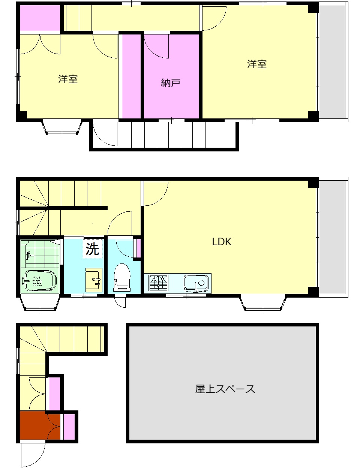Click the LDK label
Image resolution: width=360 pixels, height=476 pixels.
[222, 242]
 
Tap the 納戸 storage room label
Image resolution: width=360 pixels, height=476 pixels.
[171, 82]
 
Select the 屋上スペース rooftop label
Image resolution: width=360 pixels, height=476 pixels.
[225, 389]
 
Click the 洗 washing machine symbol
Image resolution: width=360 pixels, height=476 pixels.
[93, 248]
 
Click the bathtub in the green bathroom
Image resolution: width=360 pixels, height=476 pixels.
[39, 281]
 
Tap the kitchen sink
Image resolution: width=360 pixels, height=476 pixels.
[196, 283]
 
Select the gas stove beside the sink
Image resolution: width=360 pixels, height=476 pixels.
[159, 283]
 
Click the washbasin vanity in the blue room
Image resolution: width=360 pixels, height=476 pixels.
[94, 280]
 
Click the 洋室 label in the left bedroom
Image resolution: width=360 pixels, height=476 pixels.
[68, 79]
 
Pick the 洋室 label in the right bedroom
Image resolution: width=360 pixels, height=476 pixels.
[257, 64]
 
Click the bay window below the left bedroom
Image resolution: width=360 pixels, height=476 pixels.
[62, 127]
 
